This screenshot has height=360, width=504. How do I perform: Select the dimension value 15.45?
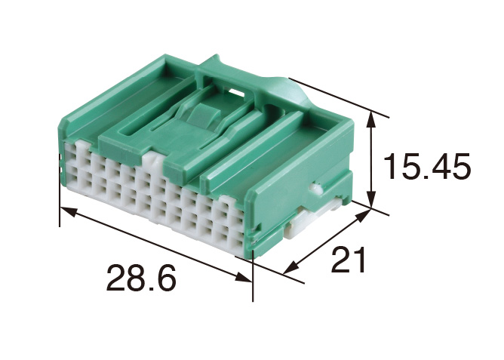click(426, 167)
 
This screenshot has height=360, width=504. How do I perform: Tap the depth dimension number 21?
click(349, 260)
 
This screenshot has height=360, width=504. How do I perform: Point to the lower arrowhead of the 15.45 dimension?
click(371, 200)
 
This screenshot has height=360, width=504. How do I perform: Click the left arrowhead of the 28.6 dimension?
click(69, 212)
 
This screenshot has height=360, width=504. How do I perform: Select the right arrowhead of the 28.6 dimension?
click(244, 277)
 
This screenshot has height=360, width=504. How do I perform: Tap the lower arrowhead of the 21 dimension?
click(291, 267)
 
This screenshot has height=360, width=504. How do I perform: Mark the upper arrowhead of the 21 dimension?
click(363, 215)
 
